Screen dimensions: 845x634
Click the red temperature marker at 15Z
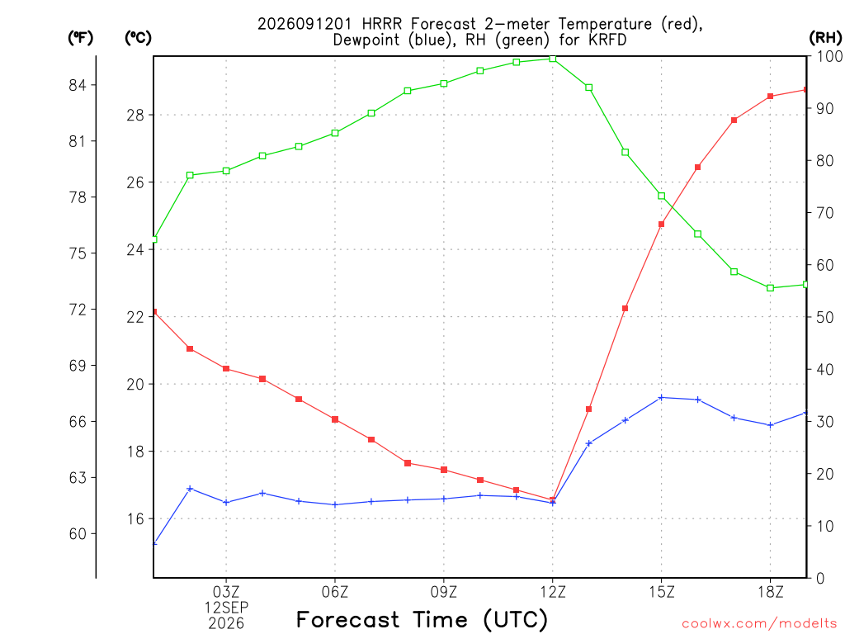point(661,225)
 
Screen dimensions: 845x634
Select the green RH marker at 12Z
point(552,59)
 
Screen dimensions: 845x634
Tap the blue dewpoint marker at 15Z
point(661,398)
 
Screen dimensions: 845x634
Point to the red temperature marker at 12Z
point(552,499)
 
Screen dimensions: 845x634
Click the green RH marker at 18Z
point(770,288)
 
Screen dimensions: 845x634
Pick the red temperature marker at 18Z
point(770,97)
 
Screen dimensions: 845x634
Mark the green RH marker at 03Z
point(226,171)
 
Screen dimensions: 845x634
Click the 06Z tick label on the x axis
point(335,592)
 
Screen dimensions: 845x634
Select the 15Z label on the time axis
point(661,592)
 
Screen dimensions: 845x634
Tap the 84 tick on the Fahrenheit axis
point(77,85)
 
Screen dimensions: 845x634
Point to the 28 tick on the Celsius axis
point(135,116)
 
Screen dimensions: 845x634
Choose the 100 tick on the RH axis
point(829,56)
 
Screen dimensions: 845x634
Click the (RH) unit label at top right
point(825,37)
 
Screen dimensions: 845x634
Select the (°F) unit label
point(80,38)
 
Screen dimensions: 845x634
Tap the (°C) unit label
point(138,38)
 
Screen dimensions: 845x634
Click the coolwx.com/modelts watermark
point(759,624)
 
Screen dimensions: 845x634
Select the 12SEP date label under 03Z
point(226,608)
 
